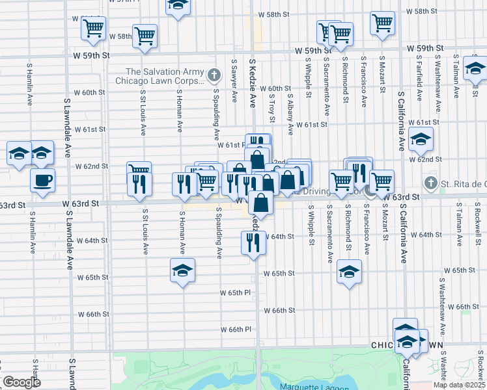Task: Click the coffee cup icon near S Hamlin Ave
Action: pyautogui.click(x=42, y=179)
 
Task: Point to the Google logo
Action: pyautogui.click(x=21, y=382)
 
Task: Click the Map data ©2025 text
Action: pyautogui.click(x=459, y=385)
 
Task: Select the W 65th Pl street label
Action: pyautogui.click(x=240, y=292)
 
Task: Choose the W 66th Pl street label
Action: pyautogui.click(x=240, y=330)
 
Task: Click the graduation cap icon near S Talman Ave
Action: pyautogui.click(x=476, y=68)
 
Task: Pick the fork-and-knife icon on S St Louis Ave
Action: pyautogui.click(x=139, y=184)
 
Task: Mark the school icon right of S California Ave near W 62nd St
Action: pyautogui.click(x=421, y=138)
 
